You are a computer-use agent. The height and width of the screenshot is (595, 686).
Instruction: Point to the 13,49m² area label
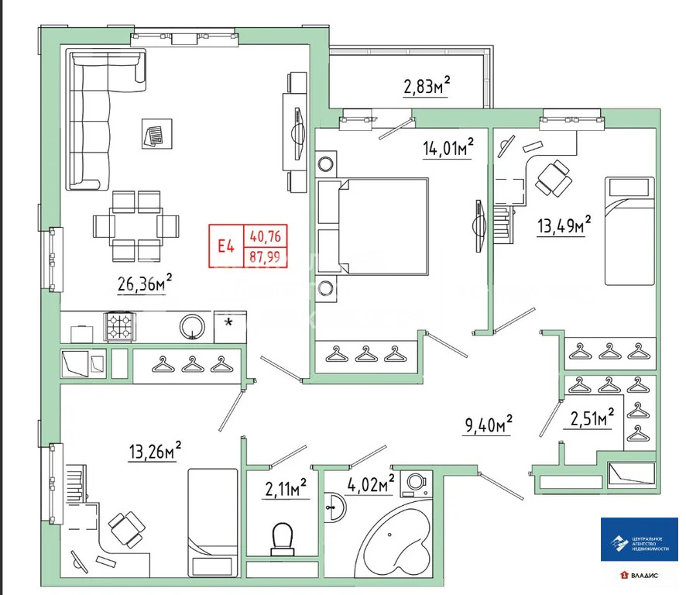click(x=564, y=225)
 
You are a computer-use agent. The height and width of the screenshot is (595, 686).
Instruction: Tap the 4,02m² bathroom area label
click(x=371, y=485)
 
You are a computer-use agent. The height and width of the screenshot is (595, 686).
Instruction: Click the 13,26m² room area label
click(x=155, y=450)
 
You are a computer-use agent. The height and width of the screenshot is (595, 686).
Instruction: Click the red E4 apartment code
click(x=226, y=246)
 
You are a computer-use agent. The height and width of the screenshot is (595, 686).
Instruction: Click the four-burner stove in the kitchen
click(x=121, y=326)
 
